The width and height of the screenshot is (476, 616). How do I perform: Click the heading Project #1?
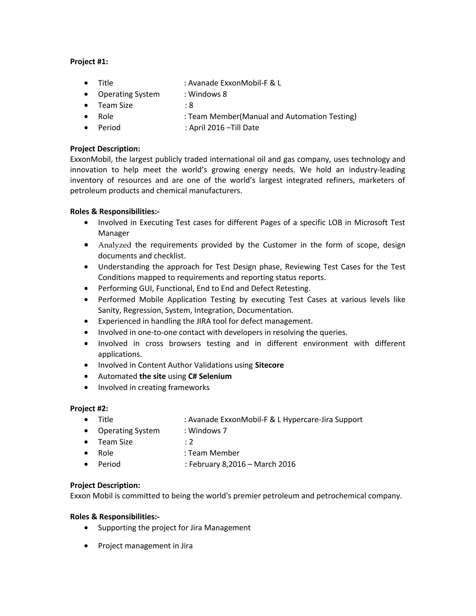(89, 62)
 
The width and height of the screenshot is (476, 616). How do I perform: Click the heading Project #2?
(89, 408)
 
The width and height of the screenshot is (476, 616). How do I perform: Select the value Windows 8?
(207, 94)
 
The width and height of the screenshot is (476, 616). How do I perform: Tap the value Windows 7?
(207, 431)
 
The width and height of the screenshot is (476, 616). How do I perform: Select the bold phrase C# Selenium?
(210, 376)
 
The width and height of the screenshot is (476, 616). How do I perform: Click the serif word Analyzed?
(115, 245)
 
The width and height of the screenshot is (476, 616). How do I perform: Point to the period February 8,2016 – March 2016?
(242, 464)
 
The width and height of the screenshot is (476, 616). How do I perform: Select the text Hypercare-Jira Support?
(323, 419)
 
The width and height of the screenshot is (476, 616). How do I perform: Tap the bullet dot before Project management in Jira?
(86, 546)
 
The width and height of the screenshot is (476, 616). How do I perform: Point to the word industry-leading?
(377, 170)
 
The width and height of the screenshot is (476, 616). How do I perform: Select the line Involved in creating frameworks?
(154, 387)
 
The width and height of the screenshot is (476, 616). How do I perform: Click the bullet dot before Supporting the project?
(86, 527)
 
